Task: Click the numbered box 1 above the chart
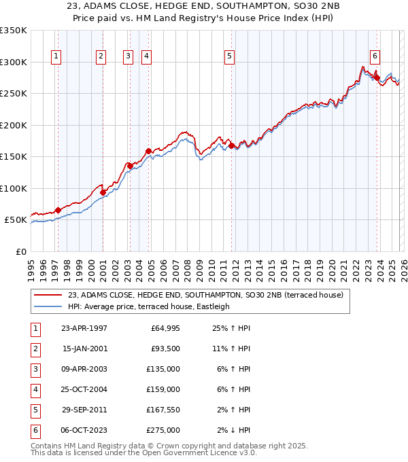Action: click(55, 56)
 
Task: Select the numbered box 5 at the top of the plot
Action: click(230, 56)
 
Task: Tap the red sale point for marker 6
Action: click(377, 78)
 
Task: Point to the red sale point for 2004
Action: click(148, 151)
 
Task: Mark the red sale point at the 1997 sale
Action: click(58, 210)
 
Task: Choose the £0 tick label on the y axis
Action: click(20, 251)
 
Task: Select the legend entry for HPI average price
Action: click(148, 306)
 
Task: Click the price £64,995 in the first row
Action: click(164, 328)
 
